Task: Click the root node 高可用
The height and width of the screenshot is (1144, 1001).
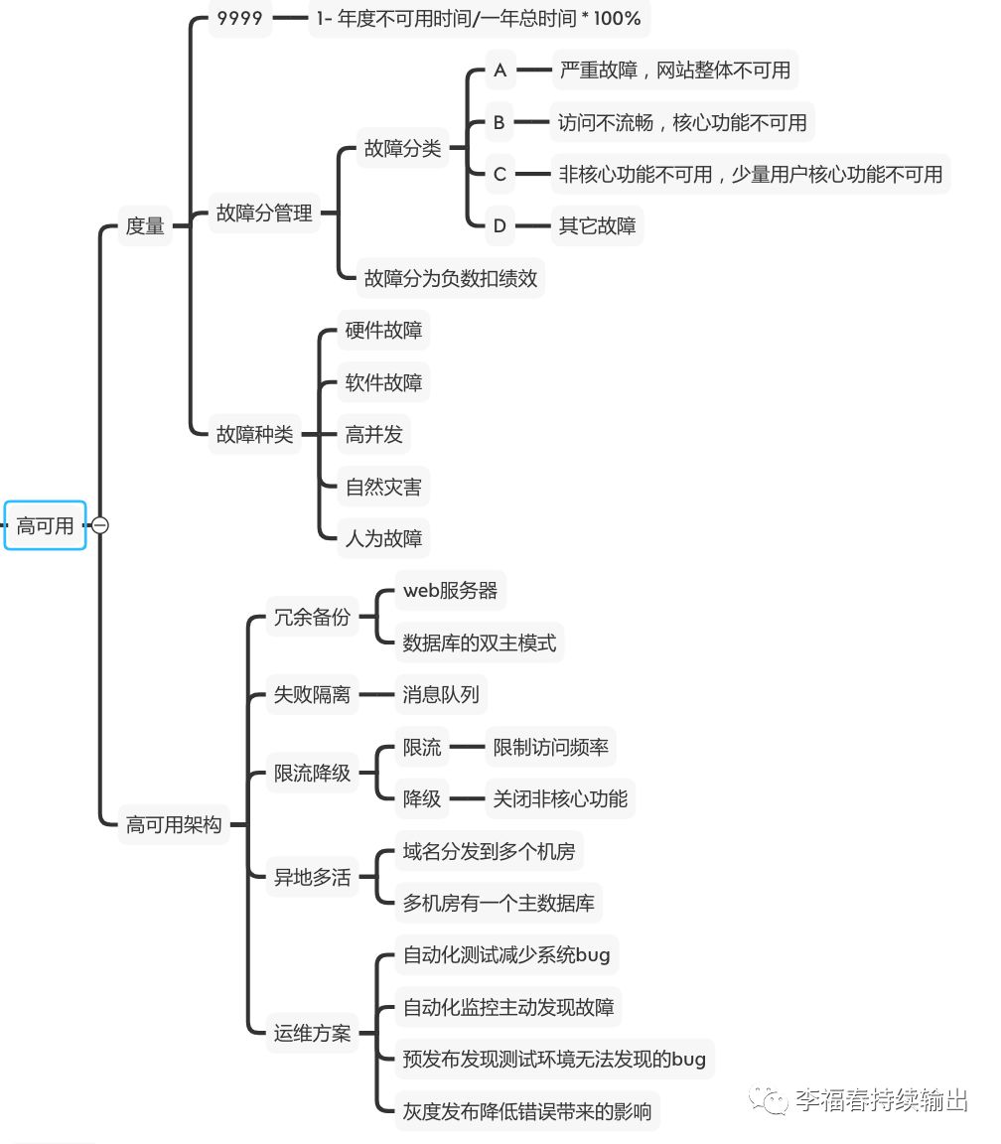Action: [46, 526]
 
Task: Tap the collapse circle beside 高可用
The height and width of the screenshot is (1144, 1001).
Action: [100, 526]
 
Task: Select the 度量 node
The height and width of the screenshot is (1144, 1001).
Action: [145, 225]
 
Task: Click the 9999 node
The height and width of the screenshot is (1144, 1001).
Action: [239, 18]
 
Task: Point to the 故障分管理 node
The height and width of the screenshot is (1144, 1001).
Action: [264, 213]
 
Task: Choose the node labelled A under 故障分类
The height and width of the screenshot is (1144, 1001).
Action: [500, 71]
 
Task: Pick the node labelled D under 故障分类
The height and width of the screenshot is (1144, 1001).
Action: [500, 225]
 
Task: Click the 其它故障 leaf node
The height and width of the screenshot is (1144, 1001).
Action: [597, 225]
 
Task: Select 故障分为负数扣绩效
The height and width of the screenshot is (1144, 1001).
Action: [451, 278]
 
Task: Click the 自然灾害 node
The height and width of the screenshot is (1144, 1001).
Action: [383, 487]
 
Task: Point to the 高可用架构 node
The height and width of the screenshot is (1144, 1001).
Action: [174, 824]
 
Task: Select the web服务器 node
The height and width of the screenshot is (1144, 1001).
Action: [450, 590]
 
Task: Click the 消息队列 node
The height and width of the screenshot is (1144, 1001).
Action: [441, 694]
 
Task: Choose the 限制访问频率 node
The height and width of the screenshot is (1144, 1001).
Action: [551, 747]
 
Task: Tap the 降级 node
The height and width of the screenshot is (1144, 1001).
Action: [422, 798]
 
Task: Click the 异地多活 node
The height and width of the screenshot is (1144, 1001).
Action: [312, 877]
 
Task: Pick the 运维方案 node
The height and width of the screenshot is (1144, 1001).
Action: [312, 1033]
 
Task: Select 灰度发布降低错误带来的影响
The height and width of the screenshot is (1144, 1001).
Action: [527, 1110]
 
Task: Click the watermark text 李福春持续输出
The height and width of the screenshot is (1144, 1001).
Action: [879, 1099]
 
